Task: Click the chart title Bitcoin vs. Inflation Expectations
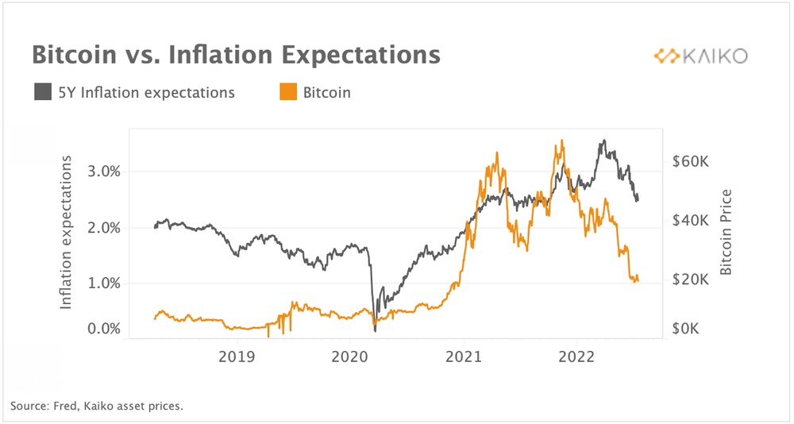pos(235,55)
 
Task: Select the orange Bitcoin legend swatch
pos(287,92)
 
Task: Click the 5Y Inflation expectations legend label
pos(147,92)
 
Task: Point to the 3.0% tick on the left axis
pos(102,172)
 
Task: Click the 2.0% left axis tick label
pos(102,228)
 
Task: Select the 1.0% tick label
pos(102,283)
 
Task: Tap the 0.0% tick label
pos(102,329)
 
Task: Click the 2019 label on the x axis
pos(237,357)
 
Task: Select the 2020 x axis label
pos(350,357)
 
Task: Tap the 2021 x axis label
pos(463,357)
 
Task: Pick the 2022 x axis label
pos(576,357)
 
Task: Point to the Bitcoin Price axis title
pos(725,233)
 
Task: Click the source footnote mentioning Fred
pos(97,407)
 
